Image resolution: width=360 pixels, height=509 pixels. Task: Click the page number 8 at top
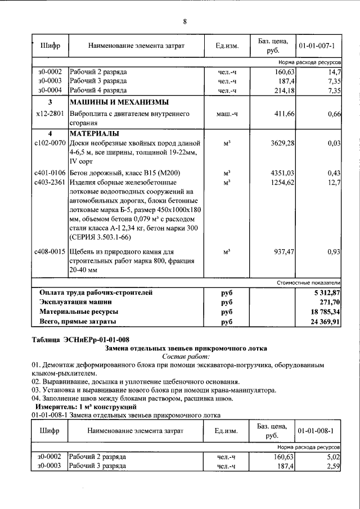tap(184, 21)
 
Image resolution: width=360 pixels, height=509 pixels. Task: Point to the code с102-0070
tap(50, 144)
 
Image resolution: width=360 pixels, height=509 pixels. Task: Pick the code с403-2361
tap(50, 182)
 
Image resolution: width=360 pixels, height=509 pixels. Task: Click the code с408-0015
tap(50, 252)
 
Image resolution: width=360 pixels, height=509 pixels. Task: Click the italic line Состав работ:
tap(185, 357)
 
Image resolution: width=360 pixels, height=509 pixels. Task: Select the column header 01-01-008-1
tap(317, 431)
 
